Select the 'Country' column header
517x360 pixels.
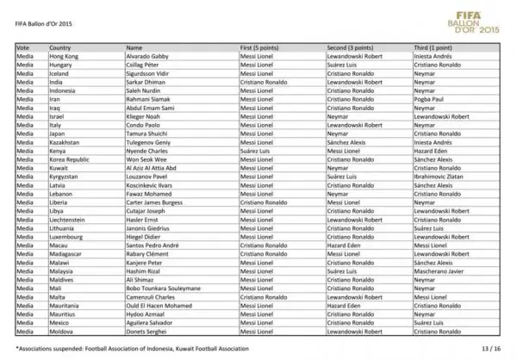[x=60, y=47]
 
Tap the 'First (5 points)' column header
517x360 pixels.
[x=260, y=47]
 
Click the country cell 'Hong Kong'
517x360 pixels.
[x=64, y=56]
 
